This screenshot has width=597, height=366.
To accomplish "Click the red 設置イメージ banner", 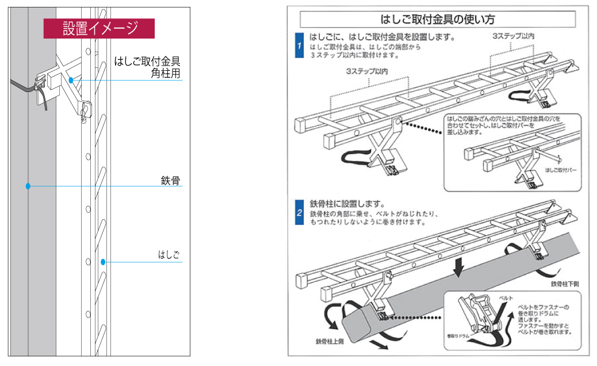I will pyautogui.click(x=99, y=28).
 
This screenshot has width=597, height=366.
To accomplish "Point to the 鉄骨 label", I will pyautogui.click(x=171, y=181).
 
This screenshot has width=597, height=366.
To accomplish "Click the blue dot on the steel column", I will pyautogui.click(x=28, y=186).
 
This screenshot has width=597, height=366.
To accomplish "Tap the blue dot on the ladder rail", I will pyautogui.click(x=103, y=262).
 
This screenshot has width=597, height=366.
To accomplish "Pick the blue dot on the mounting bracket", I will pyautogui.click(x=71, y=80).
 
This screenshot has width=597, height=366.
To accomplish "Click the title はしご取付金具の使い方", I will pyautogui.click(x=438, y=19).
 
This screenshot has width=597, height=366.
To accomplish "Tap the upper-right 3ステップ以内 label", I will pyautogui.click(x=513, y=36).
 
